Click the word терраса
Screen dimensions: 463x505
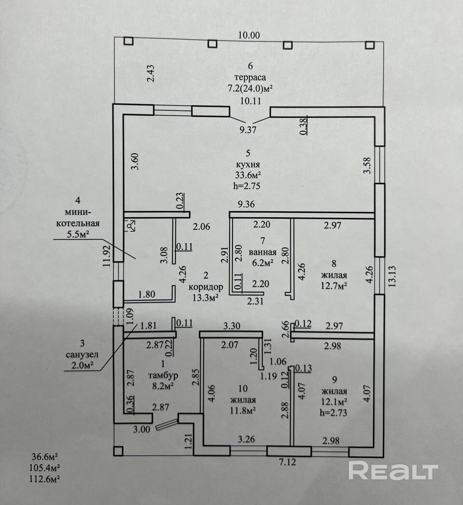[x=250, y=77]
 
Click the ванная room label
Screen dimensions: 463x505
[x=263, y=252]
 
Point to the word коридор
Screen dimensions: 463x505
[x=206, y=286]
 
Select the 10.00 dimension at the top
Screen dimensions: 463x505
[x=249, y=35]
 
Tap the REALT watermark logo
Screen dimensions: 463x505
[x=393, y=471]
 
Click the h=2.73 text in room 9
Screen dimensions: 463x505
[x=333, y=412]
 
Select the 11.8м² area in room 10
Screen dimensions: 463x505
[x=243, y=411]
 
